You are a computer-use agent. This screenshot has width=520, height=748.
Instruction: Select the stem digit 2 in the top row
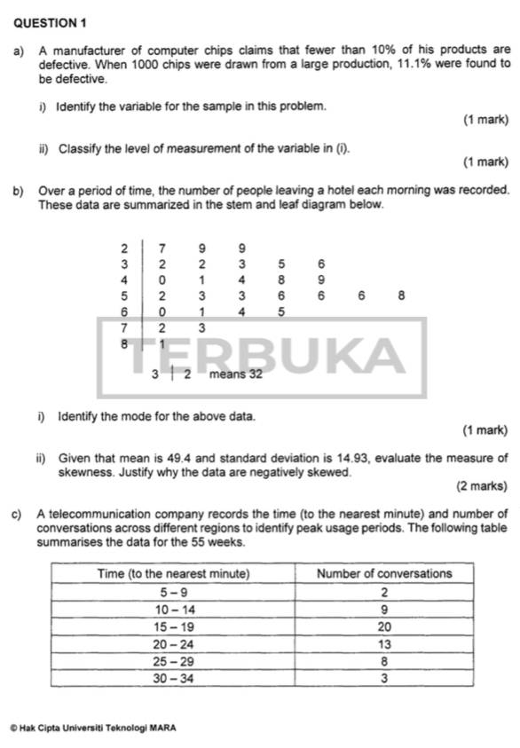[x=124, y=246]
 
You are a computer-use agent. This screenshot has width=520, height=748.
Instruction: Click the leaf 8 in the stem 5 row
[x=402, y=296]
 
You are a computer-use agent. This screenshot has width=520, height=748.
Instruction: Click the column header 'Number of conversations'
[x=384, y=573]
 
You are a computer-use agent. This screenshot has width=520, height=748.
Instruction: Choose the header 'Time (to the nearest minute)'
[x=173, y=573]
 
